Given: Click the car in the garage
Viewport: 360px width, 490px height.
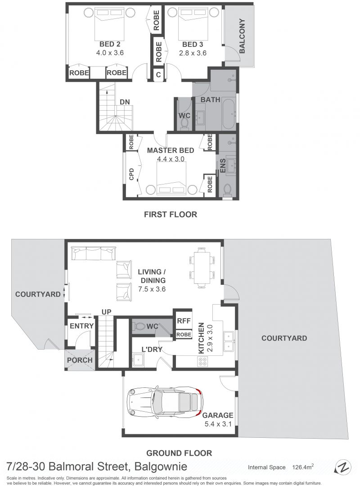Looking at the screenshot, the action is pos(165,402).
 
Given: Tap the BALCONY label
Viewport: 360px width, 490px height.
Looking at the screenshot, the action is pos(242,36).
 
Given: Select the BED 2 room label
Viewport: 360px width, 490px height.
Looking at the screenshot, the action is pos(110,45).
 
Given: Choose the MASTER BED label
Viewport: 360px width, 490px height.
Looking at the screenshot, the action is pos(170,150).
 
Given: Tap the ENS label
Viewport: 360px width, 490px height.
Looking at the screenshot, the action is pos(223,165).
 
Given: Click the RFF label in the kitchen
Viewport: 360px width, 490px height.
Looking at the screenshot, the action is pos(184,321).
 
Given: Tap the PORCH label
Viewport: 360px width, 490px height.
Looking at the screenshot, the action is pos(80,360).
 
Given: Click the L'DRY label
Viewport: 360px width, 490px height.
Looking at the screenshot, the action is pos(152,349).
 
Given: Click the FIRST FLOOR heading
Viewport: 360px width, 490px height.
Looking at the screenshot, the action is pos(170,214).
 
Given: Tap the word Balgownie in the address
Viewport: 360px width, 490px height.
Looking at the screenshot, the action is pos(161,467).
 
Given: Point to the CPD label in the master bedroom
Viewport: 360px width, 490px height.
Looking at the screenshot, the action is pos(131,175).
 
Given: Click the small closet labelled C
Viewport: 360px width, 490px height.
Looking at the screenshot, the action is pos(158,75).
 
